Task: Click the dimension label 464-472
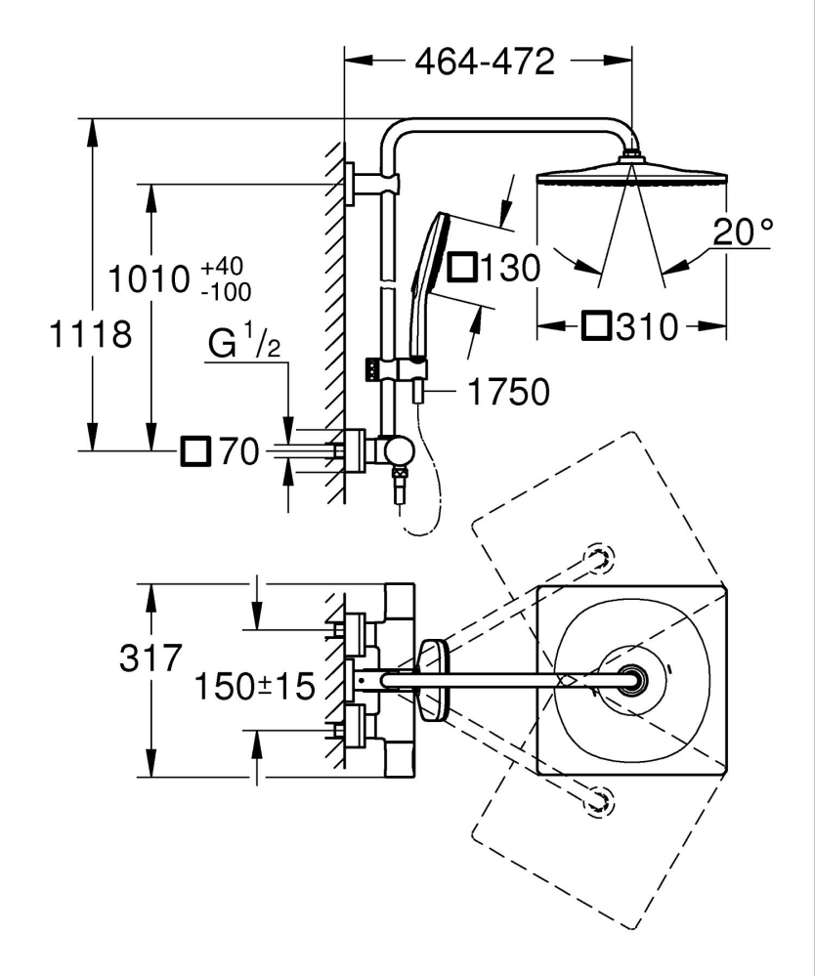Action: click(x=485, y=62)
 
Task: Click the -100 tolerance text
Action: click(x=226, y=291)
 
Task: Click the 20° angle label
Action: click(x=742, y=232)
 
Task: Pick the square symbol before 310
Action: click(x=596, y=325)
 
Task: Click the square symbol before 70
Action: click(x=195, y=452)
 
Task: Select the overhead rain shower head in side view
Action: click(x=631, y=176)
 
